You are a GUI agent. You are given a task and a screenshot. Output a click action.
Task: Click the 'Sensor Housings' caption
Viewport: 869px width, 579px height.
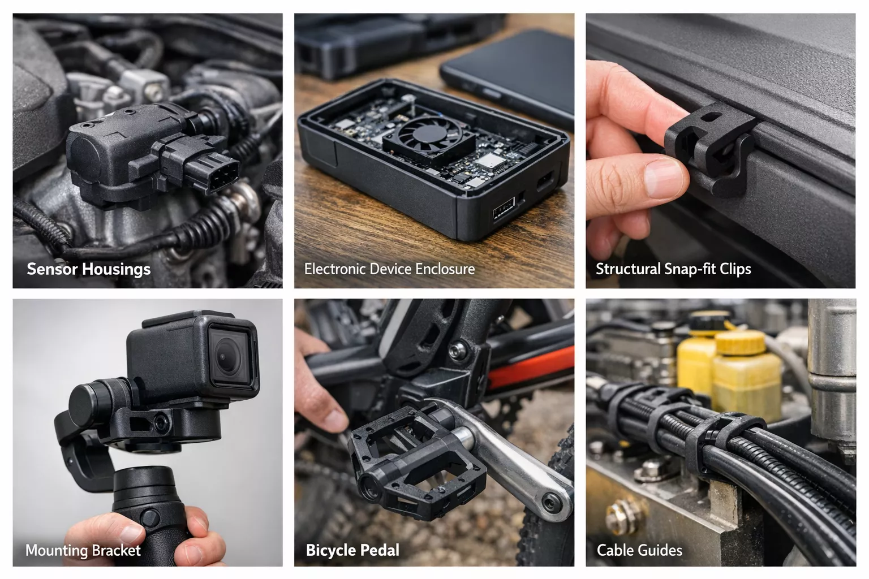click(x=88, y=269)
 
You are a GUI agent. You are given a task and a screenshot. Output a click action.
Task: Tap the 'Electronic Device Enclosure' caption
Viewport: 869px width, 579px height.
click(x=389, y=269)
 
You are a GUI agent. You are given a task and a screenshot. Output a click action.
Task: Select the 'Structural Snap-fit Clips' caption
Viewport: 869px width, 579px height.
click(x=673, y=269)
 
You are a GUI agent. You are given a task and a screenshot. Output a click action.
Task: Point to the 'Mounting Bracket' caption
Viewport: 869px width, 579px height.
click(x=83, y=550)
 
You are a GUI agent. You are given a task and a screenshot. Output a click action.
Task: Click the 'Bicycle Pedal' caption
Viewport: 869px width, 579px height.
click(x=352, y=550)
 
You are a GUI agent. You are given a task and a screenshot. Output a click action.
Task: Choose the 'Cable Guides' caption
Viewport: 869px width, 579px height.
click(x=639, y=550)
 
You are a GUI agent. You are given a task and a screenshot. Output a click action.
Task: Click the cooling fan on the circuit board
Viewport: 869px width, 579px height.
click(x=429, y=137)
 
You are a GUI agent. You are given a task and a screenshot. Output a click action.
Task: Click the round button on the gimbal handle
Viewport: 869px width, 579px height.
click(x=150, y=518)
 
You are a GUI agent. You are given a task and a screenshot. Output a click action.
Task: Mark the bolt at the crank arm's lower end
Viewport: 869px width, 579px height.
click(x=551, y=503)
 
